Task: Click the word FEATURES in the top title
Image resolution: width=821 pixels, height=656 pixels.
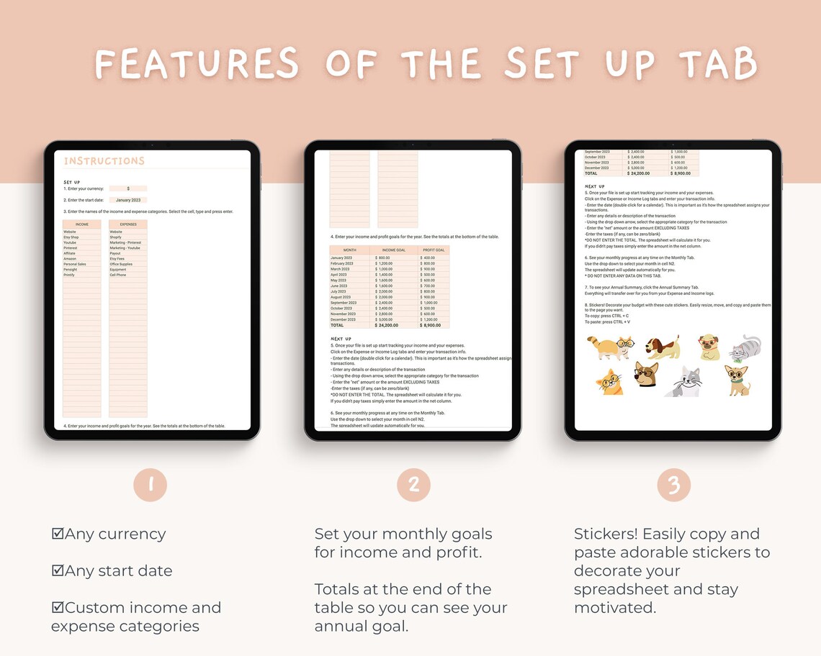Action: coord(197,63)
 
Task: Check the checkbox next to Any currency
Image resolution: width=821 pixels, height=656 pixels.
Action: coord(58,534)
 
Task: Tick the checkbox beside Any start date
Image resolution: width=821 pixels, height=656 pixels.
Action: coord(58,570)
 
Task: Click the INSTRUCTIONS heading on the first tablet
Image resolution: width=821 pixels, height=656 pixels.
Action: coord(104,161)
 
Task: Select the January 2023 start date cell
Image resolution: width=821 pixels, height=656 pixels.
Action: coord(128,200)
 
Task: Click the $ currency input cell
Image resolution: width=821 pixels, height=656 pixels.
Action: coord(128,188)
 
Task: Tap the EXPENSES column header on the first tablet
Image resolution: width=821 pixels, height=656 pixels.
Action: coord(128,224)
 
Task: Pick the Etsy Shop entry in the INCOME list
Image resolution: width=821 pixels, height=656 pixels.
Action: coord(71,237)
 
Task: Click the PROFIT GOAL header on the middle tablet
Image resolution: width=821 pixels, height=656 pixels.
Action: coord(433,250)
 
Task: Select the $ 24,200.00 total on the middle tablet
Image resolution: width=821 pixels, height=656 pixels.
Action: coord(392,325)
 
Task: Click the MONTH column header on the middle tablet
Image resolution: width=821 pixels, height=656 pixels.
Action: coord(350,250)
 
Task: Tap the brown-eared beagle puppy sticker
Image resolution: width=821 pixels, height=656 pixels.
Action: coord(660,348)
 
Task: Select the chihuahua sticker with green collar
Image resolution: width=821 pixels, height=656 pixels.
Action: coord(737,380)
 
